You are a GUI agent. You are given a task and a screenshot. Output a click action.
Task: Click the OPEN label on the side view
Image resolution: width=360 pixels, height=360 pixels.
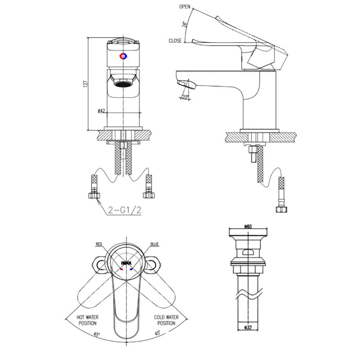pos(184,7)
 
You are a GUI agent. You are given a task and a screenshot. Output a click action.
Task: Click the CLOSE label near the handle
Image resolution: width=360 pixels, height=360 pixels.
pos(175,41)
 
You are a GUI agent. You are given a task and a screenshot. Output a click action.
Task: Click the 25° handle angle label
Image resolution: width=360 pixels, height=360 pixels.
pos(185,24)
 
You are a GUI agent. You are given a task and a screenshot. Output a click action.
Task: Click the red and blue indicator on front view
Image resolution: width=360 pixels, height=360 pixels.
pos(123,56)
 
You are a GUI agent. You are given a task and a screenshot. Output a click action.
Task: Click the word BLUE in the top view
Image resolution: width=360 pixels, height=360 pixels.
pos(154,245)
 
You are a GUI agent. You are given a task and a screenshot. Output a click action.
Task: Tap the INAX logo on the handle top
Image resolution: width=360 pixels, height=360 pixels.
pos(126,261)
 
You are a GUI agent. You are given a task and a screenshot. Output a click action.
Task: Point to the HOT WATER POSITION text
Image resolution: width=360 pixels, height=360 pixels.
pos(88,320)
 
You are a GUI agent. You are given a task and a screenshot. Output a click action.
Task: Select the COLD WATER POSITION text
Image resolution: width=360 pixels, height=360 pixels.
pos(166,320)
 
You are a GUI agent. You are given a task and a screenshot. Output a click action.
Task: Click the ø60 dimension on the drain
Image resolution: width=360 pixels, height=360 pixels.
pos(247,226)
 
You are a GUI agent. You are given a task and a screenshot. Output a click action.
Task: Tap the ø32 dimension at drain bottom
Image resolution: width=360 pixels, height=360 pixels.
pos(247,327)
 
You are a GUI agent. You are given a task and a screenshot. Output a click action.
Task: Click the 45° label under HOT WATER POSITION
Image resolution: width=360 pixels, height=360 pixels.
pos(97,334)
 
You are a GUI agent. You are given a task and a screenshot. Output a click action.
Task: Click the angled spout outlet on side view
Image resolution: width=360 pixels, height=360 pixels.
pos(186,85)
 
